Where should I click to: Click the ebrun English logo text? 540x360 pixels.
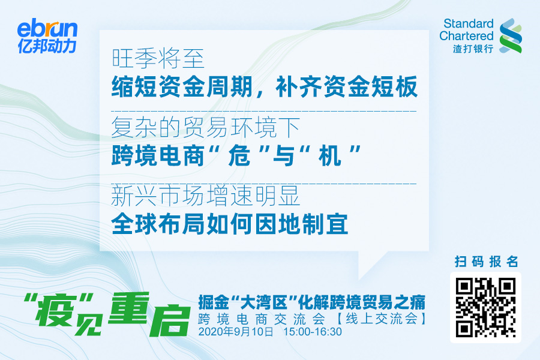pyautogui.click(x=47, y=29)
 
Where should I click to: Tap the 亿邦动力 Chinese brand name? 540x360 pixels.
pyautogui.click(x=47, y=46)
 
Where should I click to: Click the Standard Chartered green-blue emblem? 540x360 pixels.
pyautogui.click(x=511, y=36)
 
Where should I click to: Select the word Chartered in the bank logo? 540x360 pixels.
pyautogui.click(x=466, y=36)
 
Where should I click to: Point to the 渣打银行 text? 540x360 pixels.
pyautogui.click(x=473, y=49)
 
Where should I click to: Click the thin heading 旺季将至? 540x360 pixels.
pyautogui.click(x=158, y=58)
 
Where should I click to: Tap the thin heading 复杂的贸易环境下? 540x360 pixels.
pyautogui.click(x=206, y=127)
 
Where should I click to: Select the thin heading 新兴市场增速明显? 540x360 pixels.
pyautogui.click(x=206, y=196)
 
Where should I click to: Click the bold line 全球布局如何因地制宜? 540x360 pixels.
pyautogui.click(x=230, y=224)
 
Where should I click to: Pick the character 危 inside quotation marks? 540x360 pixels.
pyautogui.click(x=239, y=155)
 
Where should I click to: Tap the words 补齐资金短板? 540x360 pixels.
pyautogui.click(x=347, y=86)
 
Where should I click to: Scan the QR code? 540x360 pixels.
pyautogui.click(x=485, y=308)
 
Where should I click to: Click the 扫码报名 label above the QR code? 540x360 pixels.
pyautogui.click(x=486, y=262)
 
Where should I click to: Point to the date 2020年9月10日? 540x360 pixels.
pyautogui.click(x=236, y=332)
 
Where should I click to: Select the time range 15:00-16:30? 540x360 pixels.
pyautogui.click(x=313, y=332)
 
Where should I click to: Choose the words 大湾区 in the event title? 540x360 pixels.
pyautogui.click(x=264, y=303)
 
